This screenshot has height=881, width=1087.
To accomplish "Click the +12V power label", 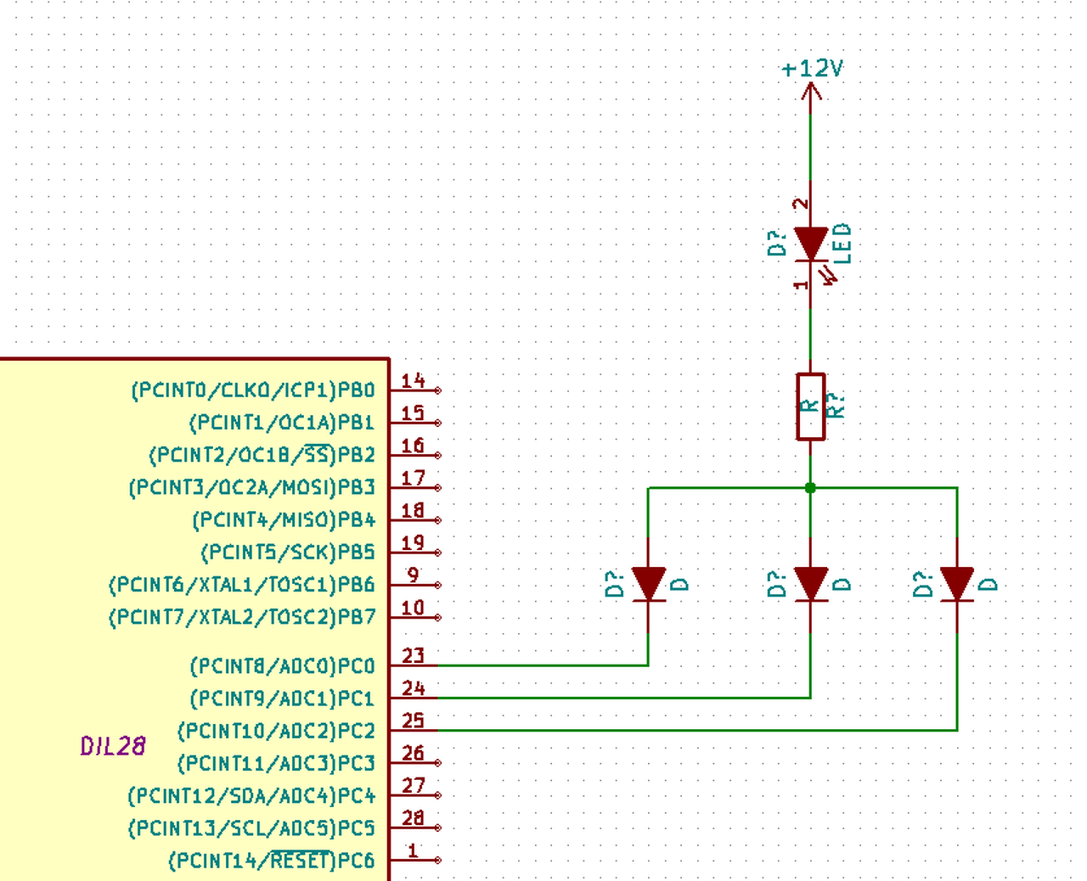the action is pos(813,69).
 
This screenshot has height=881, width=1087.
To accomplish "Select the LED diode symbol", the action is pos(811,245).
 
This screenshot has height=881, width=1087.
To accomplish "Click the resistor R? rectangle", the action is pos(811,407).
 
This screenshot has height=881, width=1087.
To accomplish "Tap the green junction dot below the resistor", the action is pos(810,488).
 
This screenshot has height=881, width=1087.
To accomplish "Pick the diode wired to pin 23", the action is pos(649,585).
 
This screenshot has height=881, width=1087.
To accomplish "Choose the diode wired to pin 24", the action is pos(811,585).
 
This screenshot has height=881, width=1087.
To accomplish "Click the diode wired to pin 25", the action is pos(957,585).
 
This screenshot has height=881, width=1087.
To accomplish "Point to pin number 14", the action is pos(413,380).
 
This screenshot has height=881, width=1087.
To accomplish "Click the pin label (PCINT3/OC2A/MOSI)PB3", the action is pos(252,488).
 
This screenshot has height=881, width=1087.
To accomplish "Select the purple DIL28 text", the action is pos(113,746).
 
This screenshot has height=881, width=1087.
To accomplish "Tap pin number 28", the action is pos(413,818).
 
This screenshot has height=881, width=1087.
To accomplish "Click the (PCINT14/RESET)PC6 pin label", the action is pos(272,861).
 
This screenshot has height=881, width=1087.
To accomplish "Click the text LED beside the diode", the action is pos(842,244).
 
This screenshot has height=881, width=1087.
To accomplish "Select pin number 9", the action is pos(413,575).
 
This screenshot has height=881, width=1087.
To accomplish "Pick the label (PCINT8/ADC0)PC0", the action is pos(283,666).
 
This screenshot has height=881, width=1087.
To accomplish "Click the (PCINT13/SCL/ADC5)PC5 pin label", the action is pos(251,828).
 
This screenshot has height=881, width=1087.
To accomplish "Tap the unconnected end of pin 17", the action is pos(438,488).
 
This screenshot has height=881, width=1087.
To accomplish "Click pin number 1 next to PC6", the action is pos(413,851).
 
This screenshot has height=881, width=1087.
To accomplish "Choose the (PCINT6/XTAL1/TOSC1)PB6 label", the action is pos(242,585).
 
